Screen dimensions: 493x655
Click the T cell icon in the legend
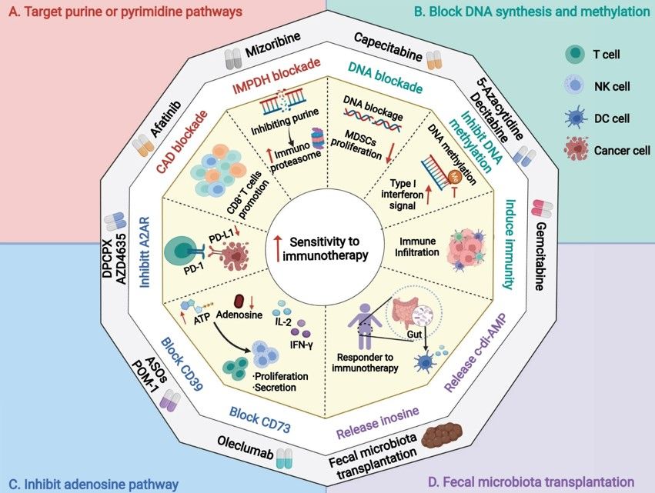point(573,55)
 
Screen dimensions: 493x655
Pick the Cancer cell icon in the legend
point(574,148)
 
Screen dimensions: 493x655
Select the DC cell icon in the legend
point(574,118)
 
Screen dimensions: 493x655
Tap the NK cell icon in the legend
point(574,86)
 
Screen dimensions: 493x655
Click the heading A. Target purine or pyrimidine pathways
point(124,13)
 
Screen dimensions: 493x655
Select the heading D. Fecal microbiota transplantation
point(530,481)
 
